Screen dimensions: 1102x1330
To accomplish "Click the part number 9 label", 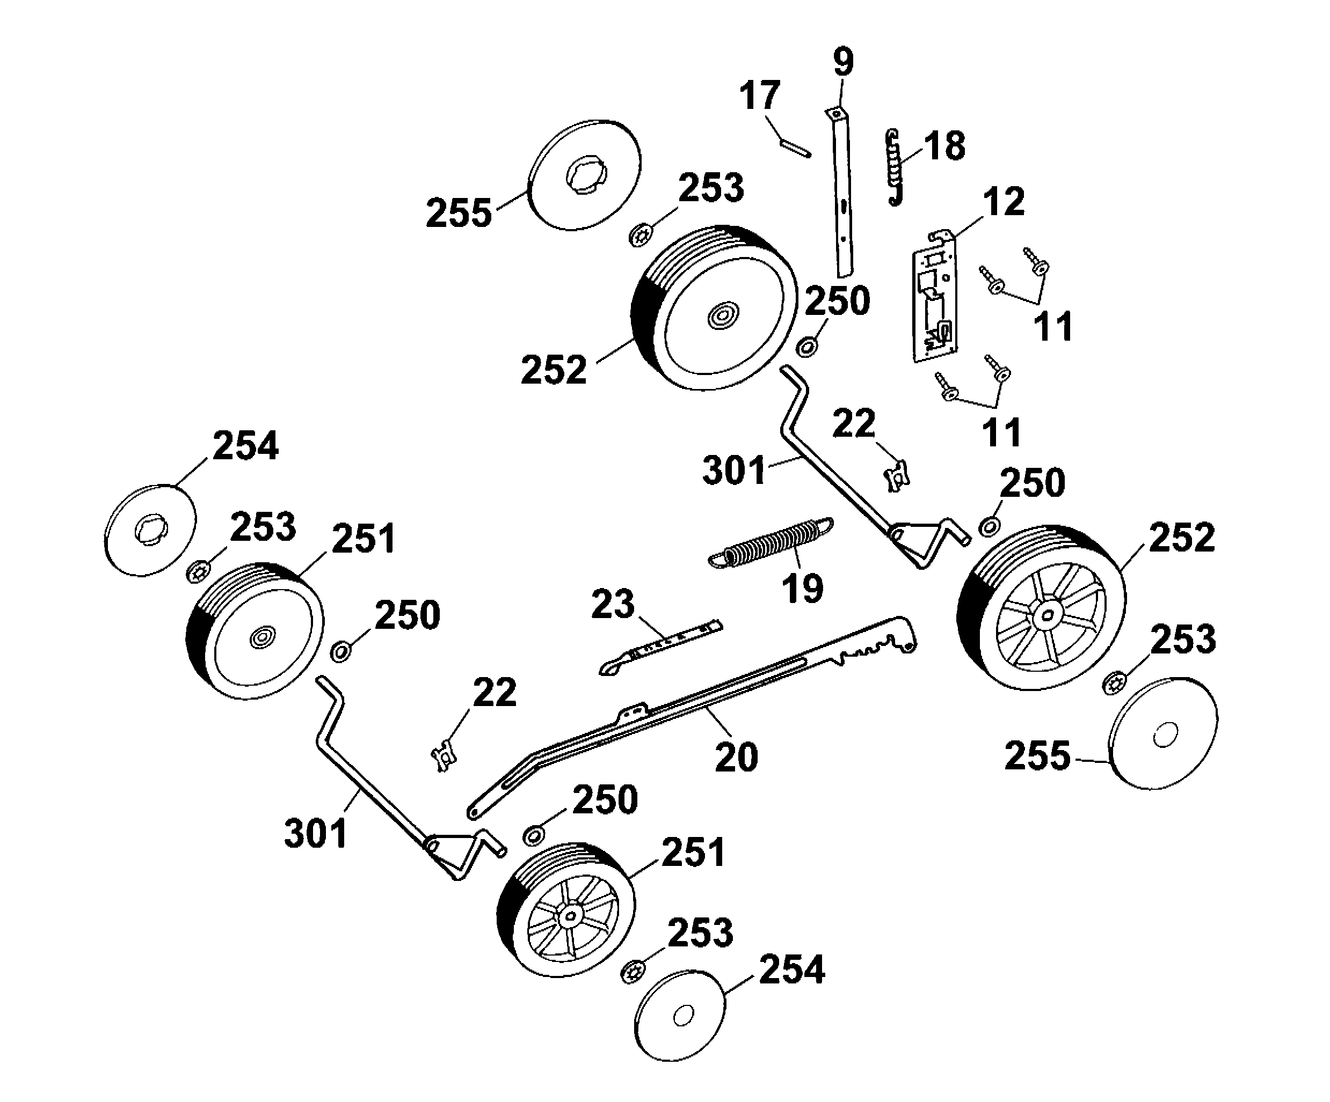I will pos(843,63).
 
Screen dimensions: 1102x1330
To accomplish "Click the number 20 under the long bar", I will pos(736,756).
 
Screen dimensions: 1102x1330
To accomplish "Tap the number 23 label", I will pos(613,604).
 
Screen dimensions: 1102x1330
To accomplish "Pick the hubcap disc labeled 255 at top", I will pos(584,174).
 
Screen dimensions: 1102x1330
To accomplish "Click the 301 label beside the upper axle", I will pos(734,471).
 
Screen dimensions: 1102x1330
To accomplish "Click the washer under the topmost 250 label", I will pos(807,348).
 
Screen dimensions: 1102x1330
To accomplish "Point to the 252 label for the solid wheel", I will pos(554,370).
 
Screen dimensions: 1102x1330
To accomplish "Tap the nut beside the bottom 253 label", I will pos(631,971).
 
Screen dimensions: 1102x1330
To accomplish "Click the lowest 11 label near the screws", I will pos(1001,433).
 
